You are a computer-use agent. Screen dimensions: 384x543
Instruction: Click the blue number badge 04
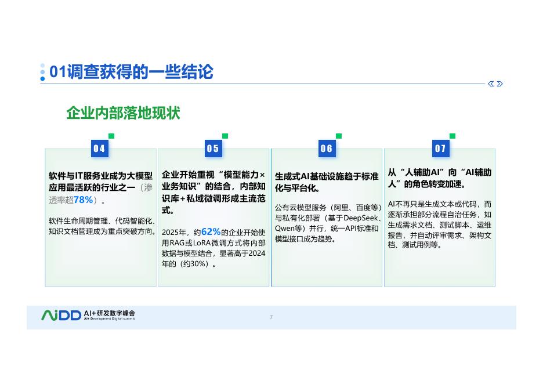point(99,148)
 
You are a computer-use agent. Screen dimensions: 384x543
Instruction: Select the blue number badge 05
point(213,148)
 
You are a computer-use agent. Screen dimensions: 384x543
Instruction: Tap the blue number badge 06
point(327,148)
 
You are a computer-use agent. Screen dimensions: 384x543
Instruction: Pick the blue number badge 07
point(440,148)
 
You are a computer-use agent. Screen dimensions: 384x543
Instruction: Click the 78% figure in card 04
point(84,200)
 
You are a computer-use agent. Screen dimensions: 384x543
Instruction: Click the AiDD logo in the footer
point(61,316)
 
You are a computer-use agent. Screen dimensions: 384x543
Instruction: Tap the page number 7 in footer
point(271,317)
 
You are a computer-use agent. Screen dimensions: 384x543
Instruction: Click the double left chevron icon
point(491,84)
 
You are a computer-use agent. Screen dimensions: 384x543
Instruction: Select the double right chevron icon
point(500,84)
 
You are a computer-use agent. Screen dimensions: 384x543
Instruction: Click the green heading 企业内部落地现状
point(123,113)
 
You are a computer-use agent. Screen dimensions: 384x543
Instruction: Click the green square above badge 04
point(111,136)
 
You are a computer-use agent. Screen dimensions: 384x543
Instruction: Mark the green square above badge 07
point(453,136)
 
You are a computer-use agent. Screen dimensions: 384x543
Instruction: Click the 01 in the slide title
point(58,72)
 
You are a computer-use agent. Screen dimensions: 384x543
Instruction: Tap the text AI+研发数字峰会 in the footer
point(110,313)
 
